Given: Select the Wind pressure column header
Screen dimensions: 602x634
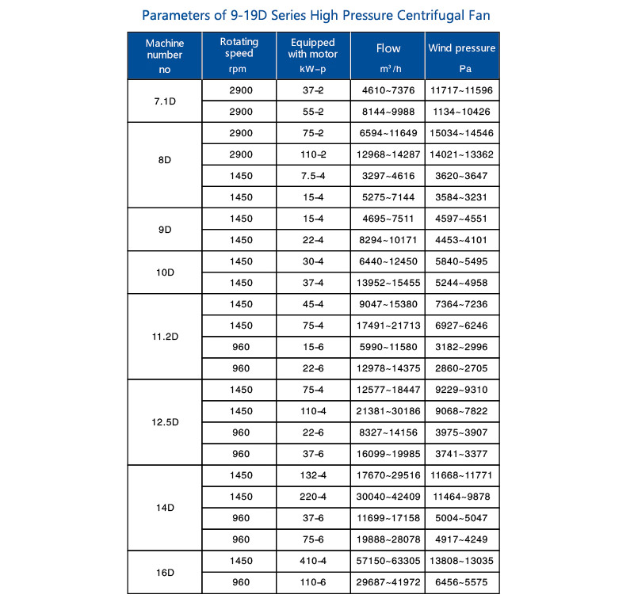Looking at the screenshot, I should pos(462,48).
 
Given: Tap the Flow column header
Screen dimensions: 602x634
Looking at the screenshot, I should pos(388,48).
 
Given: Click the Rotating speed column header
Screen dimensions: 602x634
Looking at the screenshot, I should pos(239,48).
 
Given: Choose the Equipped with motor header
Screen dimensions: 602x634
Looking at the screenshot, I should pos(313,48).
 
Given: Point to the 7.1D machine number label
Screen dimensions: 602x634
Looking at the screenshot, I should pos(165,101).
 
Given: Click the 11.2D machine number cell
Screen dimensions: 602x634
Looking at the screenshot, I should pos(165,337).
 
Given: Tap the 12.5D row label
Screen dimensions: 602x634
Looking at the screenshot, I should pos(165,422).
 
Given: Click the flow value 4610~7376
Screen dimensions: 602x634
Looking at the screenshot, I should pos(388,91).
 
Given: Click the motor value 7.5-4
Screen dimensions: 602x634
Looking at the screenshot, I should pos(313,177).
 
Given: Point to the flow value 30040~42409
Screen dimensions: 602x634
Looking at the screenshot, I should pos(388,497).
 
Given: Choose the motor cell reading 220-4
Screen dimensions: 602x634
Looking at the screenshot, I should pos(313,497).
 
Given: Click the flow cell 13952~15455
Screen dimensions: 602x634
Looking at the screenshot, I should pos(388,284).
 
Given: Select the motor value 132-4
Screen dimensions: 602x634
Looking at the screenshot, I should pos(313,476).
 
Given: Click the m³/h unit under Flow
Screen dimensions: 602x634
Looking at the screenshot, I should pos(388,70).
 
